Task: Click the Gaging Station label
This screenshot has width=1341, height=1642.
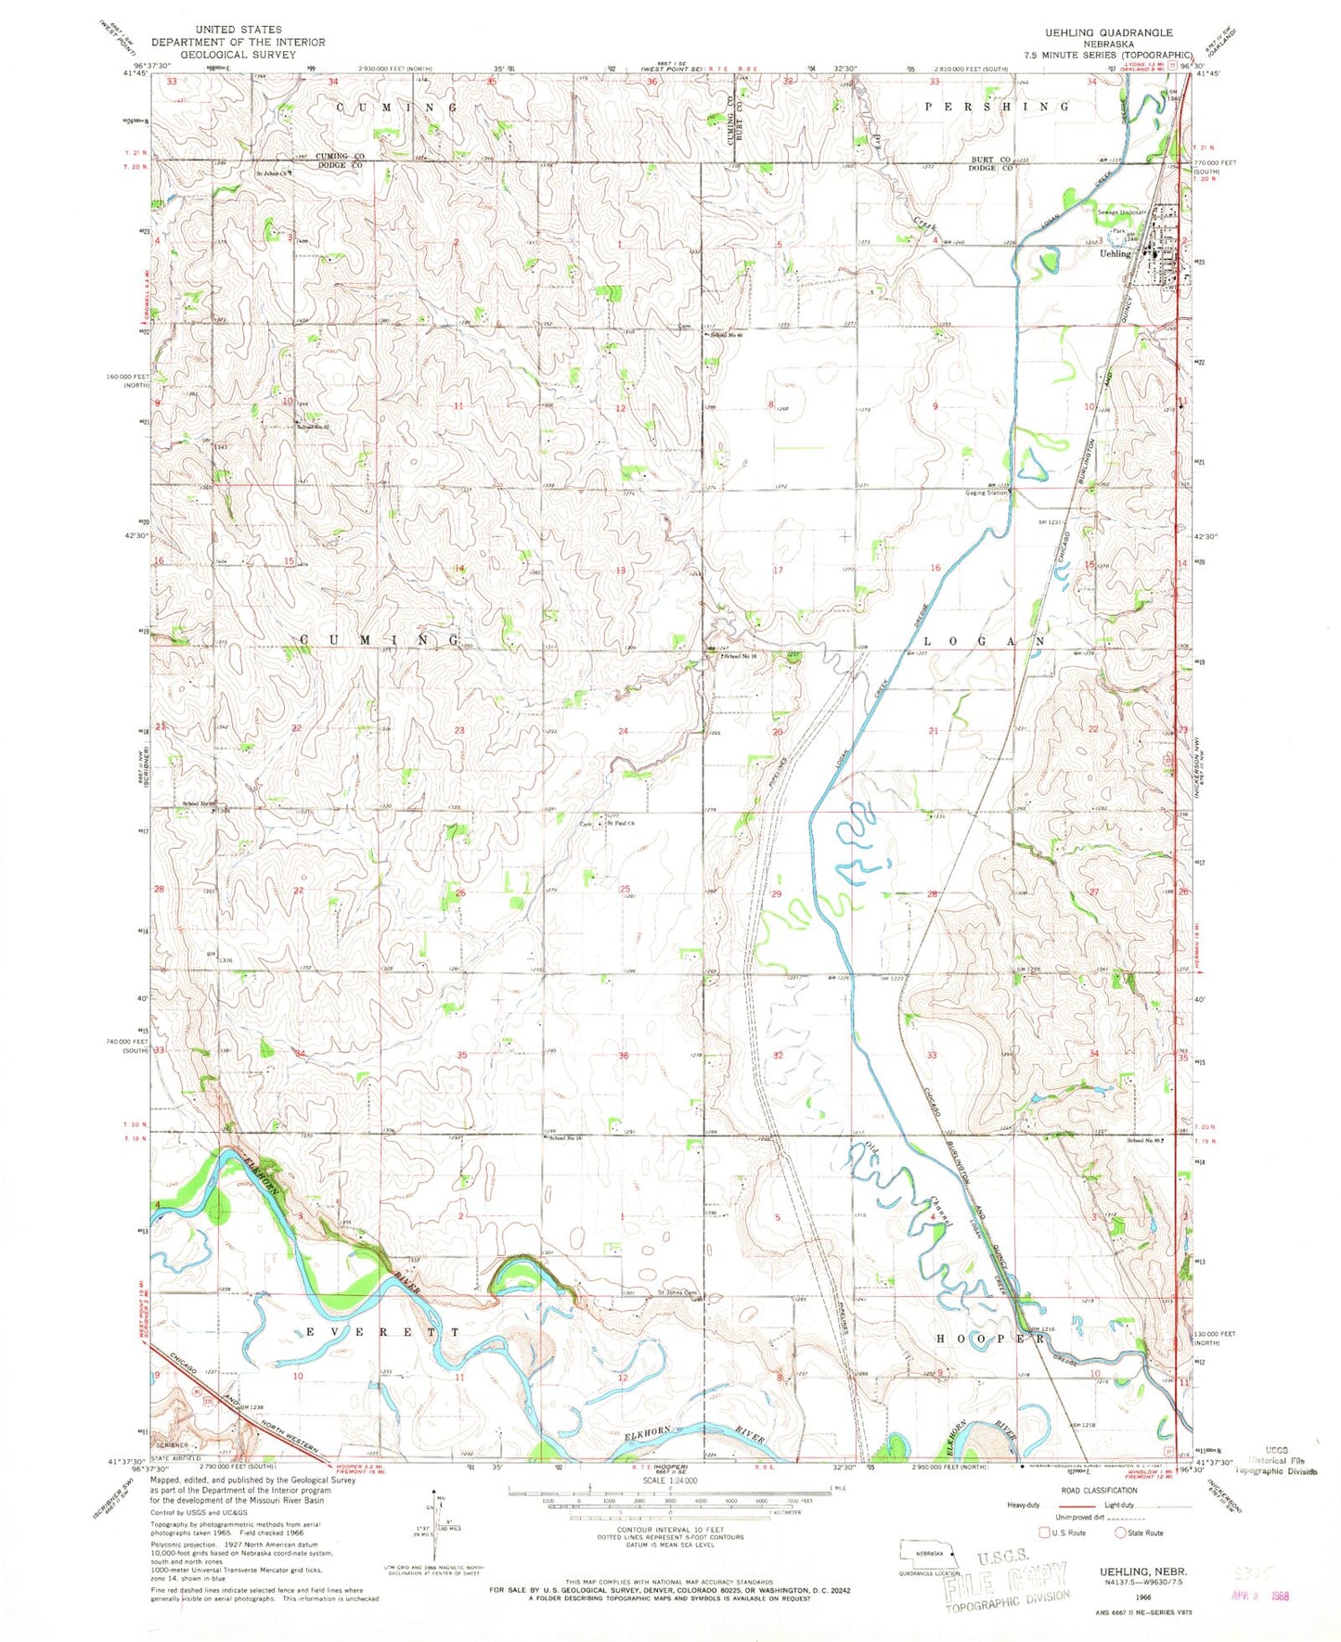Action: (x=986, y=494)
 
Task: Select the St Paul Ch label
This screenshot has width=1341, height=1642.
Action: (x=620, y=823)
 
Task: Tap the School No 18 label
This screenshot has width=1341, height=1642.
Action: (x=740, y=656)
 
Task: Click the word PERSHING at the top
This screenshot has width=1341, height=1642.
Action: (x=997, y=107)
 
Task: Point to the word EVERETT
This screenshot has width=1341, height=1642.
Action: (x=381, y=1331)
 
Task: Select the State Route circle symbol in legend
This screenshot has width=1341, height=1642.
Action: (x=1120, y=1533)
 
